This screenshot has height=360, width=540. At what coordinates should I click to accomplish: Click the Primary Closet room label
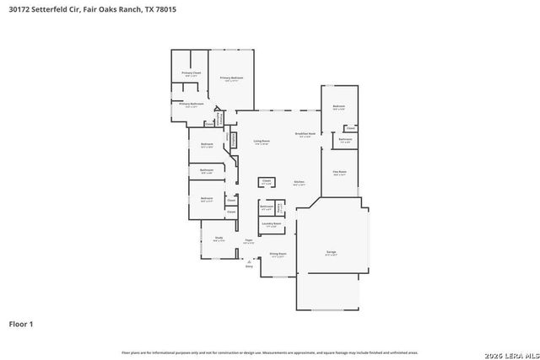(191, 74)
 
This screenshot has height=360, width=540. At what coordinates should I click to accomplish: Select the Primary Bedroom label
(232, 78)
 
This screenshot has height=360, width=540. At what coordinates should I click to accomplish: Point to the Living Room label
(262, 142)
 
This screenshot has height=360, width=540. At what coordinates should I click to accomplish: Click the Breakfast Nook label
(305, 135)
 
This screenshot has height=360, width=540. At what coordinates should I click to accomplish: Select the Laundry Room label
(271, 224)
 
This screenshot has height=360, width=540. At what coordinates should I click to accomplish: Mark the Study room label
(218, 239)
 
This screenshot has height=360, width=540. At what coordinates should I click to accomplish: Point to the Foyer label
(249, 241)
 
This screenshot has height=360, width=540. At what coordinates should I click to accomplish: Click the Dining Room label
(278, 254)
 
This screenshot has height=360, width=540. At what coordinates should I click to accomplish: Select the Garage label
(332, 252)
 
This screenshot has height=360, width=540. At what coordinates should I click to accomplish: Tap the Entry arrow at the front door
(249, 264)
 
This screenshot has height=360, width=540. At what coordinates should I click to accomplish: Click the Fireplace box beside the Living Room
(233, 140)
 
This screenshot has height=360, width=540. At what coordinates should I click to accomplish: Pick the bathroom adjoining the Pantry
(267, 207)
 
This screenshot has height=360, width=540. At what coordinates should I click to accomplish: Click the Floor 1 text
(25, 323)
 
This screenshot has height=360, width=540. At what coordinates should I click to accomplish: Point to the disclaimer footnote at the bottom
(270, 352)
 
